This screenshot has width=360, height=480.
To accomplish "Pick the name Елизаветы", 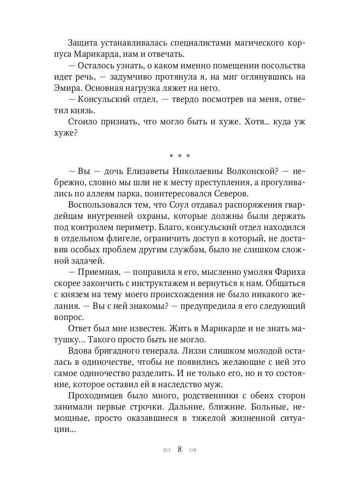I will click(142, 171).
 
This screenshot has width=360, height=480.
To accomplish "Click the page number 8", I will click(180, 449).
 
